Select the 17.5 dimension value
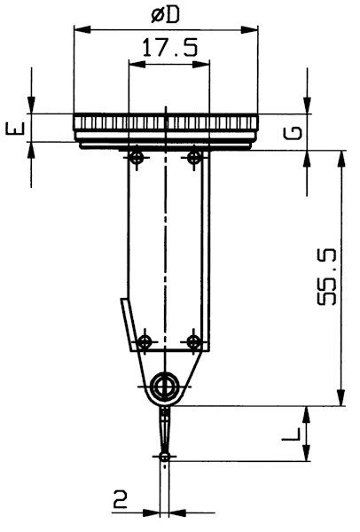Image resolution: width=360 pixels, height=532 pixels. pos(168,50)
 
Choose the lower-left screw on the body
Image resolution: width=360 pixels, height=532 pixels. pos(142,341)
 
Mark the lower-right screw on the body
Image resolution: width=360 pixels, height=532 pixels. pos(193,341)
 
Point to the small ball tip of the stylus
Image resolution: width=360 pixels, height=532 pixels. pos(165,457)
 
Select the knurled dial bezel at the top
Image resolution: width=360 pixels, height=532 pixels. pos(167,122)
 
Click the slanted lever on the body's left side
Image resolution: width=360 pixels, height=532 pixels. pos(129,324)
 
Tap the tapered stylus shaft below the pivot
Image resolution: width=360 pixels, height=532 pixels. pos(165,430)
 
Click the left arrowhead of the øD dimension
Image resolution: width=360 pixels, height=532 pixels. pos(81,30)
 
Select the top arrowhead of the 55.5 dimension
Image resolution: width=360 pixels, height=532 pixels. pos(340,157)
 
